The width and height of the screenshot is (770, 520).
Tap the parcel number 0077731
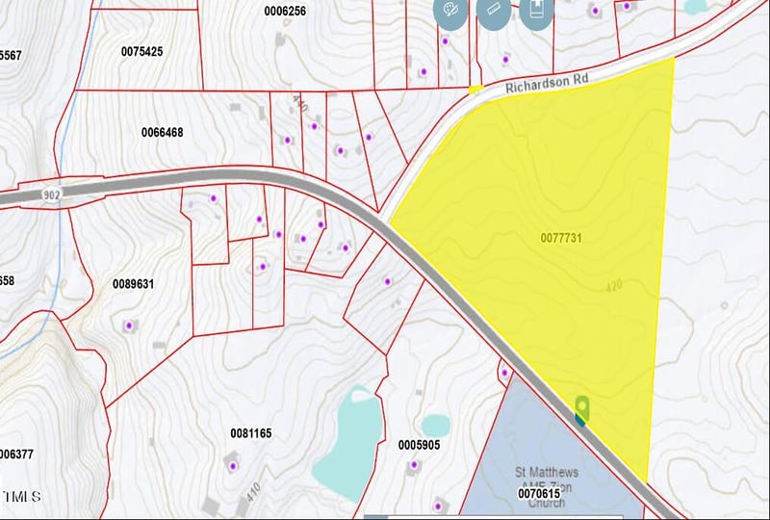click(x=563, y=237)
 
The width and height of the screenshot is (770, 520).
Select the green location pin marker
click(x=580, y=408)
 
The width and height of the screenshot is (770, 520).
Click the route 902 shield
click(x=51, y=193)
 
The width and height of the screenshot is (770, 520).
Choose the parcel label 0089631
click(x=134, y=284)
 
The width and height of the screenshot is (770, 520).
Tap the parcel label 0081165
click(x=251, y=433)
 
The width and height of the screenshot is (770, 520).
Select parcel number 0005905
click(x=419, y=445)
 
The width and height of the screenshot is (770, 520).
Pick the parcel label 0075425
click(x=141, y=50)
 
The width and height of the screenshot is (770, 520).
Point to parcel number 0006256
click(x=285, y=11)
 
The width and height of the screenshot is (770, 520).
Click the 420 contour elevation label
click(x=615, y=286)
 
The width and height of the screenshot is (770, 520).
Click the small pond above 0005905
click(x=435, y=425)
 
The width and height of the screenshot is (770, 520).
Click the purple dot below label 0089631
click(x=129, y=326)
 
